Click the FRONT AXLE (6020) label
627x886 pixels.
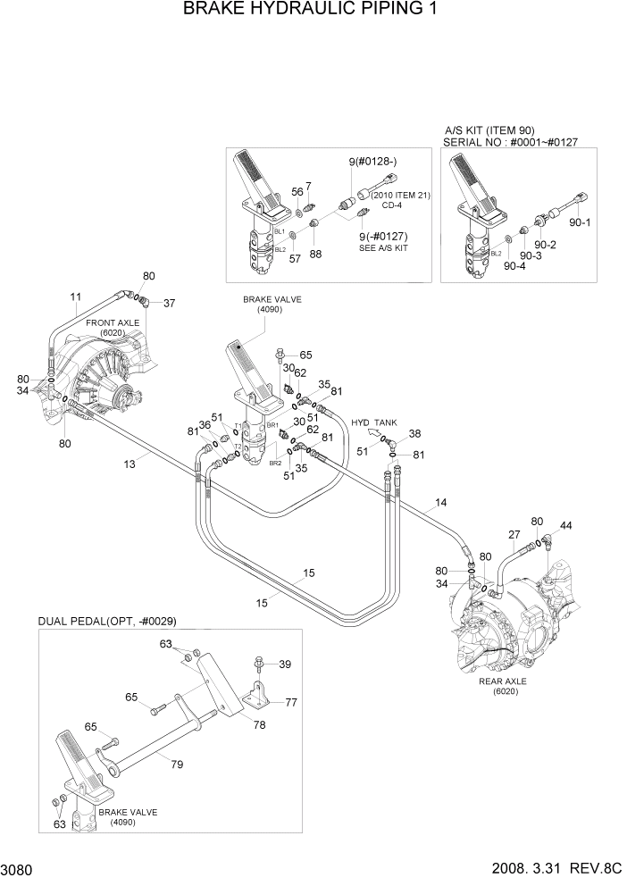112,327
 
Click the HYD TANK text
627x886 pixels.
373,422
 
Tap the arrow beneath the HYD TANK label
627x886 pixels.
361,439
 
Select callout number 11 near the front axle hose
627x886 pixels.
76,296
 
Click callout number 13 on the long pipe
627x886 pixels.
130,464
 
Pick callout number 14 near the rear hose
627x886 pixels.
439,505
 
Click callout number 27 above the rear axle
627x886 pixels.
514,535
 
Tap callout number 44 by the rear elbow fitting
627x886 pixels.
566,525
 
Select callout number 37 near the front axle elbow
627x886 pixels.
169,302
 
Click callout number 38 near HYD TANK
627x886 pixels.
414,434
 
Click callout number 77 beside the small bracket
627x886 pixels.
291,703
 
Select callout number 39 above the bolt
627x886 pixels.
285,664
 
